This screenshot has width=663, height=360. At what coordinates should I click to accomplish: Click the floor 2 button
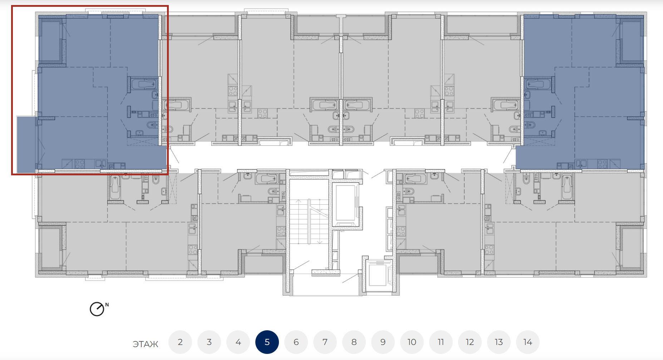[x=180, y=342]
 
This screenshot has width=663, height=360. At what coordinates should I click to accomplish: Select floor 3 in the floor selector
[x=209, y=342]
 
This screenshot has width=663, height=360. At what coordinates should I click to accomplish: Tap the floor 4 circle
[x=238, y=342]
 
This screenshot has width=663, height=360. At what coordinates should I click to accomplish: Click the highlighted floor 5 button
[x=267, y=342]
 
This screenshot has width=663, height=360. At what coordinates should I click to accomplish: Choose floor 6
[x=296, y=342]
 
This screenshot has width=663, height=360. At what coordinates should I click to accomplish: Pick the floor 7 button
[x=325, y=342]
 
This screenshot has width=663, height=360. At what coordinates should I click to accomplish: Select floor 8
[x=354, y=342]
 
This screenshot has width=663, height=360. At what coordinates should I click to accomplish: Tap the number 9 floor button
[x=383, y=342]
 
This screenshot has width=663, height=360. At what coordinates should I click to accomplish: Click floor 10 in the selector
[x=412, y=342]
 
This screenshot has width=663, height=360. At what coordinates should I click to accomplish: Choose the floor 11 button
[x=441, y=342]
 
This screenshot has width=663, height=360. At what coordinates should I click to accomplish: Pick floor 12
[x=470, y=342]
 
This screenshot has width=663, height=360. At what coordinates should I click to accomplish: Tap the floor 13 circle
[x=499, y=342]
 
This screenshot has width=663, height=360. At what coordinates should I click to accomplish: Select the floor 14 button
[x=528, y=342]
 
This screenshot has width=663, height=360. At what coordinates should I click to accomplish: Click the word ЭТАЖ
[x=145, y=344]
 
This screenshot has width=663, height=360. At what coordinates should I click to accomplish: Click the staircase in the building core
[x=309, y=222]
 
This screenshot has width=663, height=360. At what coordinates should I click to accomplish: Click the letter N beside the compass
[x=107, y=305]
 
